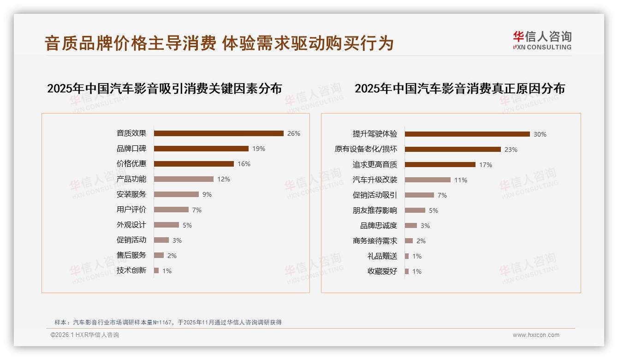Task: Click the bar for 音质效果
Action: coord(219,133)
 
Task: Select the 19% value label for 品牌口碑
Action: coord(259,149)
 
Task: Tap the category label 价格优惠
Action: coord(131,164)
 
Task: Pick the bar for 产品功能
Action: coord(184,179)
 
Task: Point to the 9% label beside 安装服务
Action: coord(207,194)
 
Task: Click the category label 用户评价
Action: coord(131,210)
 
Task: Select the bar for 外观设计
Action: coord(166,225)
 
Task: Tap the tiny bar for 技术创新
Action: coord(156,270)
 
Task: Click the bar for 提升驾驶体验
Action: coord(467,134)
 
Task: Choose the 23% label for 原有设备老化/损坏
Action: coord(511,150)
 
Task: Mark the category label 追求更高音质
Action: coord(375,165)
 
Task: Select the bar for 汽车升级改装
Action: coord(428,180)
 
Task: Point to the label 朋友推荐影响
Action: coord(375,210)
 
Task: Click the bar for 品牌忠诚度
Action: coord(411,226)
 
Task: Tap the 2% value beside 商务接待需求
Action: coord(421,241)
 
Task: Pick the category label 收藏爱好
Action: coord(382,271)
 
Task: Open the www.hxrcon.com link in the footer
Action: coord(536,335)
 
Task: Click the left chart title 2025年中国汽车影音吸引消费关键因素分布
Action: coord(164,89)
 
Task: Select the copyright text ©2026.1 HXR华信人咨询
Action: coord(85,335)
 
